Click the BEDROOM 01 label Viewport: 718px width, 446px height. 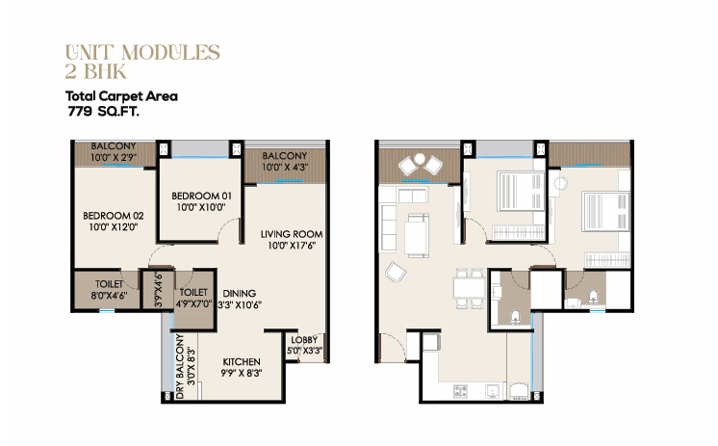pyautogui.click(x=201, y=196)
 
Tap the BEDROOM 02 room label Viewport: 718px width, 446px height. pyautogui.click(x=114, y=216)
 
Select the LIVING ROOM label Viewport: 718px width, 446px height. pyautogui.click(x=292, y=234)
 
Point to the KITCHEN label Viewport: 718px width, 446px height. pyautogui.click(x=242, y=361)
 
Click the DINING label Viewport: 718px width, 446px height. pyautogui.click(x=239, y=294)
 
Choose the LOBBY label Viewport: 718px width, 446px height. pyautogui.click(x=304, y=340)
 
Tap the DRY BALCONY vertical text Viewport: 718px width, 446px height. pyautogui.click(x=180, y=366)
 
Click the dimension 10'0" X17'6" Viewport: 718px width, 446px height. pyautogui.click(x=292, y=246)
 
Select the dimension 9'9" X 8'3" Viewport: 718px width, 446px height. pyautogui.click(x=242, y=373)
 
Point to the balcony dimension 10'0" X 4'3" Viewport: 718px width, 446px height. pyautogui.click(x=284, y=168)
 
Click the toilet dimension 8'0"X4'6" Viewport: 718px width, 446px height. pyautogui.click(x=109, y=296)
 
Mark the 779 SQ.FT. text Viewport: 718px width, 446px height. pyautogui.click(x=104, y=112)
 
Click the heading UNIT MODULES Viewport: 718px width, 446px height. pyautogui.click(x=142, y=53)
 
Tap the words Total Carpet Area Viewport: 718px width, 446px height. pyautogui.click(x=121, y=96)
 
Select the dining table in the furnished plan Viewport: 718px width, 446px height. pyautogui.click(x=469, y=288)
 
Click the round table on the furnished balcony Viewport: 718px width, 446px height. pyautogui.click(x=420, y=159)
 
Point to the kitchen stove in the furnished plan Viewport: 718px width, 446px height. pyautogui.click(x=460, y=391)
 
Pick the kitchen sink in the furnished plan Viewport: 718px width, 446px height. pyautogui.click(x=493, y=391)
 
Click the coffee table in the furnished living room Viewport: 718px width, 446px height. pyautogui.click(x=417, y=235)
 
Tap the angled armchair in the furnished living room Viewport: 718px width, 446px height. pyautogui.click(x=396, y=272)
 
